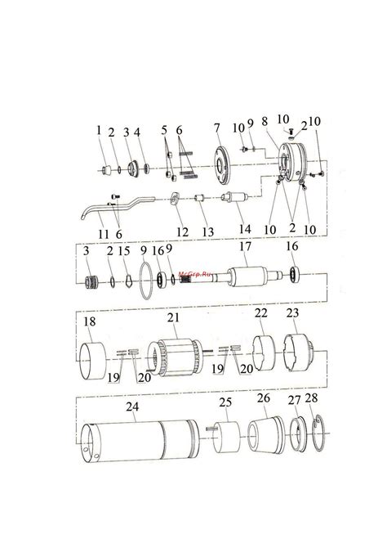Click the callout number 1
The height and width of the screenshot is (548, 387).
(99, 130)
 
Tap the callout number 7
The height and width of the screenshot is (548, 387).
(217, 128)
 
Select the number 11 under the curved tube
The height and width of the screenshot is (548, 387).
(104, 234)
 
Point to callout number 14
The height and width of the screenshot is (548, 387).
(245, 229)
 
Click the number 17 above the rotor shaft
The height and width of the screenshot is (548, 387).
(245, 246)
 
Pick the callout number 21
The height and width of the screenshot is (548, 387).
(173, 317)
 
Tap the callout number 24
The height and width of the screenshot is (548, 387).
(132, 407)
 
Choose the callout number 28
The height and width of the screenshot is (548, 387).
(311, 398)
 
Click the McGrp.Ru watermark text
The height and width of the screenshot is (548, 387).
(195, 274)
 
